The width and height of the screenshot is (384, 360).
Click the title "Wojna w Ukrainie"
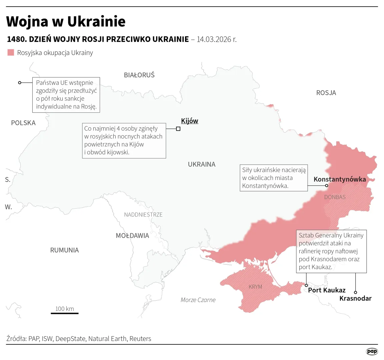coord(66,21)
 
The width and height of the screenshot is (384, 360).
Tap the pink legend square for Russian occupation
coord(11,53)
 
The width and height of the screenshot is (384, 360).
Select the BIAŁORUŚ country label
coord(139,75)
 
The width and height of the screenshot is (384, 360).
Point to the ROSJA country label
coord(326,93)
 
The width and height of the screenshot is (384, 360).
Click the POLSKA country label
coord(23,123)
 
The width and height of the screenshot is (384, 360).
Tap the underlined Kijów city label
coord(189,121)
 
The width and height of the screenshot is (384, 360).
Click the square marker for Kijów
coord(178,129)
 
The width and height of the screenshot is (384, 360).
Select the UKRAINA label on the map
coord(201,164)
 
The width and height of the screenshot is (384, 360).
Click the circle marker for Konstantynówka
coord(327,186)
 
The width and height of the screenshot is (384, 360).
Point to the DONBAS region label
coord(335,197)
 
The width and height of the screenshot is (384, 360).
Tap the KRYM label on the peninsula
coord(255,287)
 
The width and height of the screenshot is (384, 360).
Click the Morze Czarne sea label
coord(198,300)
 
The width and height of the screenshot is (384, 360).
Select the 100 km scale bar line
coord(65,313)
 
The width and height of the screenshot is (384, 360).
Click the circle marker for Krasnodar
coord(355,292)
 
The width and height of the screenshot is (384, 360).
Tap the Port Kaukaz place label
coord(326,290)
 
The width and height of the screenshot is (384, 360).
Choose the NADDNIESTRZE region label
coord(143,215)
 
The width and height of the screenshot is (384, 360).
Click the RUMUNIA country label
coord(64,250)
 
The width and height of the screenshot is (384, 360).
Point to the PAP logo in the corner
coord(372,351)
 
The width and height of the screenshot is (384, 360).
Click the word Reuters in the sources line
coord(140,339)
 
